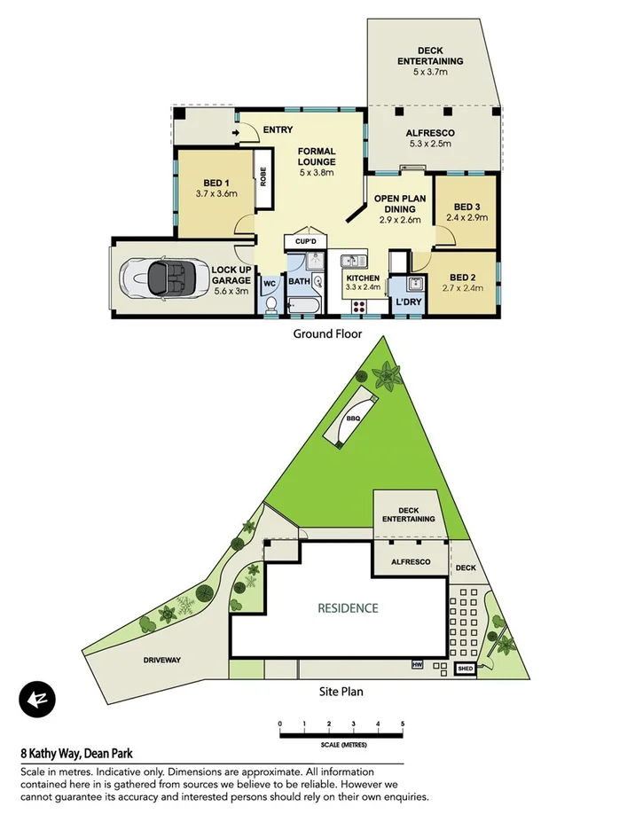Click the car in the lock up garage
coord(160,278)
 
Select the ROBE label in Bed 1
coord(263,177)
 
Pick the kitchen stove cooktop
coord(360,306)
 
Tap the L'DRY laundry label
coord(408,302)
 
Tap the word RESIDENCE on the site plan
coord(349,608)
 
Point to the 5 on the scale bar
coord(403,725)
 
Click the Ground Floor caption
coord(327,334)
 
